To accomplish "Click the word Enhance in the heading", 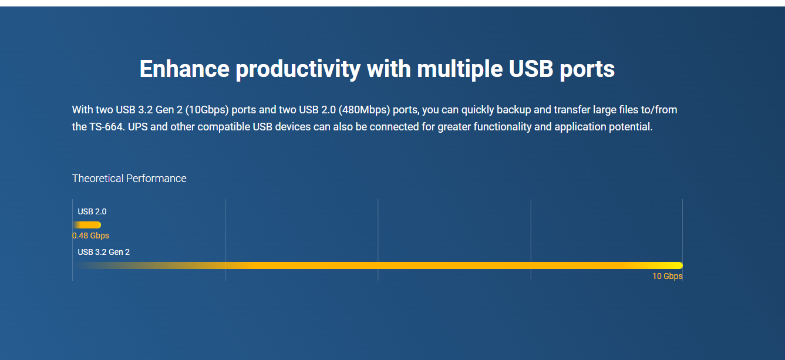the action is (x=184, y=69).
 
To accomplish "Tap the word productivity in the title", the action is (x=298, y=69).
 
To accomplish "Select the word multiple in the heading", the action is (x=460, y=69).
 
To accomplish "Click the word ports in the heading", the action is (x=587, y=70).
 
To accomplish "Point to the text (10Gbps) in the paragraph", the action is (x=207, y=110).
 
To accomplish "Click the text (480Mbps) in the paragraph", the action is (x=364, y=110).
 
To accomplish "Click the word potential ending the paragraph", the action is (x=631, y=127).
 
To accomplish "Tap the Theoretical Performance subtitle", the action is (x=129, y=179).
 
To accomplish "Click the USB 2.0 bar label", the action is (x=92, y=212).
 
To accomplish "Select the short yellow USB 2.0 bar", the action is (x=87, y=225).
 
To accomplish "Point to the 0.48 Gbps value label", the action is (x=90, y=235).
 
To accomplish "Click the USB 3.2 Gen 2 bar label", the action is (x=104, y=252).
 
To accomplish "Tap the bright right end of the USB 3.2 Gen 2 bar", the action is (x=680, y=265).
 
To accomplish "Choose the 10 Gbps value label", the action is (x=667, y=276).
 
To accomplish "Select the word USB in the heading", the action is (x=531, y=69).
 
